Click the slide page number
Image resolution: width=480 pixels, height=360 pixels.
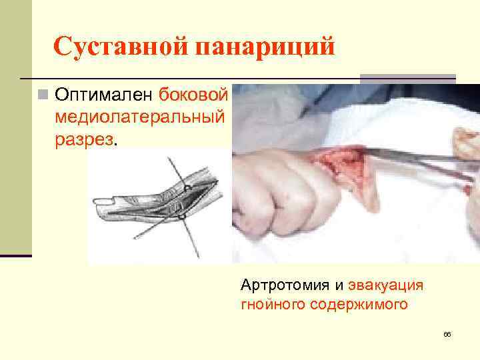447,333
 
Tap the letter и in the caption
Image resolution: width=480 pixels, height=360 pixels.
339,287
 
